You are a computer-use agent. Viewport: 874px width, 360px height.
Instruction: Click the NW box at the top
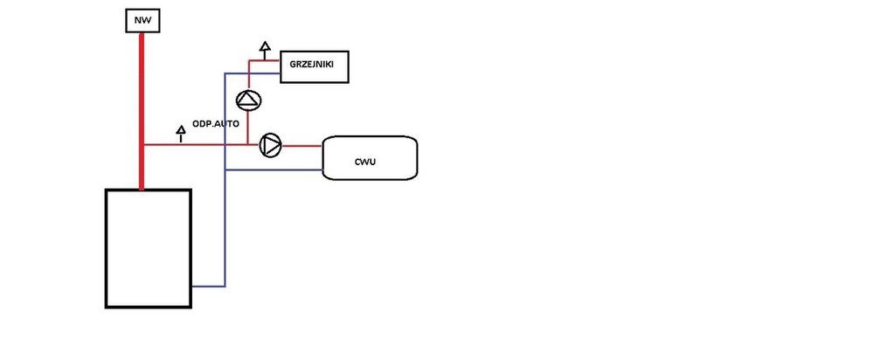coord(141,20)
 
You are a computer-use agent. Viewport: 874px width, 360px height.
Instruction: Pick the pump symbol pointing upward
coord(249,101)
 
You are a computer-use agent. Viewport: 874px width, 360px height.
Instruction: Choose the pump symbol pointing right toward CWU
coord(271,144)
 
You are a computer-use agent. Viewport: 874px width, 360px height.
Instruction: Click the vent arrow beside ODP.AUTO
coord(181,133)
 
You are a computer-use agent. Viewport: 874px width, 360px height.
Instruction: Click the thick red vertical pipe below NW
coord(141,105)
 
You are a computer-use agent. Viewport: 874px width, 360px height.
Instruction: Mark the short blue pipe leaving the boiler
coord(208,286)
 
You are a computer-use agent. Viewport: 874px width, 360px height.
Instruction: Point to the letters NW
coord(141,20)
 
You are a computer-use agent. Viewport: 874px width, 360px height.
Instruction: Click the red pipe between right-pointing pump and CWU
coord(302,145)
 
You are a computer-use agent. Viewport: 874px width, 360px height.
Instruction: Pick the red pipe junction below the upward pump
coord(249,144)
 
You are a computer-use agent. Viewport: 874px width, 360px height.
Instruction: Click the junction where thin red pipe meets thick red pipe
coord(142,144)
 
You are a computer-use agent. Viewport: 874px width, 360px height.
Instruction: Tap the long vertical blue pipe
coord(225,218)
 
